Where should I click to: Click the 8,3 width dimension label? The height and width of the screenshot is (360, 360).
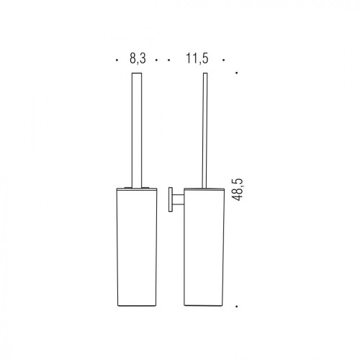point(138,58)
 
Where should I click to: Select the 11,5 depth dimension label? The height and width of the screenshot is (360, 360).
point(197,58)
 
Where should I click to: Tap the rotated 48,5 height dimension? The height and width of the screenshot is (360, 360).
point(238,189)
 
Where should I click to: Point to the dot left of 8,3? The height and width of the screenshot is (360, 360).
point(117,60)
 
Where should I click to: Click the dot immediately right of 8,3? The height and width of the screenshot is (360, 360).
point(156,60)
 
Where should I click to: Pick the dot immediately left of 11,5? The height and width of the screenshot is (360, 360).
point(169,60)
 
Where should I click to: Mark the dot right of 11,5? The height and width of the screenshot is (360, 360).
point(223,60)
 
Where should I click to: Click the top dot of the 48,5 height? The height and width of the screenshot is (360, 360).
point(237,73)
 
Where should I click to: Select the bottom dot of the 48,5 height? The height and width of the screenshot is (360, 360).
point(237,307)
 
